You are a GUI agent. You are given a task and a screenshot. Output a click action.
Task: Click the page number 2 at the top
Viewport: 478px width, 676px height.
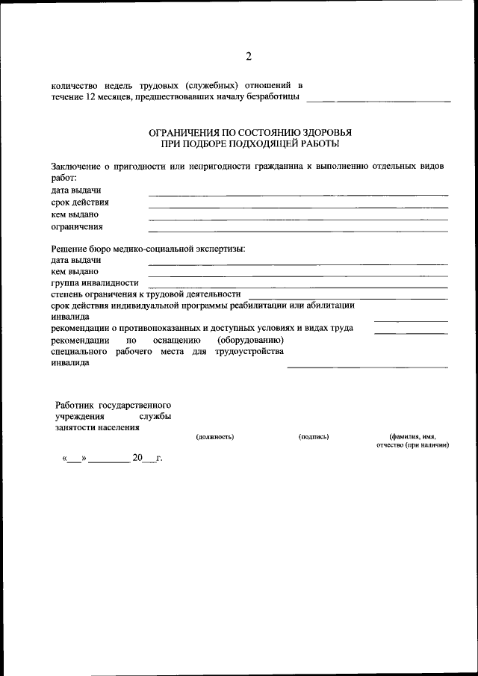pos(249,58)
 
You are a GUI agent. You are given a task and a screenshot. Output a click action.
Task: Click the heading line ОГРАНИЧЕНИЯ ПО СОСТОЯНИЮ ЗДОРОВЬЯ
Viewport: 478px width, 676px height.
pos(250,132)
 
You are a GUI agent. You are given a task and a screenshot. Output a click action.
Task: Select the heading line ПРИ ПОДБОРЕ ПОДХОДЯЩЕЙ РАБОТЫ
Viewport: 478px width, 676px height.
pos(250,143)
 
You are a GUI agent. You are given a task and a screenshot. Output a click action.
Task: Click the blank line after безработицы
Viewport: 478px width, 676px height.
pos(379,100)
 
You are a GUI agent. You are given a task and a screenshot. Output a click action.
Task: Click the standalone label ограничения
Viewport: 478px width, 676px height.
pos(77,226)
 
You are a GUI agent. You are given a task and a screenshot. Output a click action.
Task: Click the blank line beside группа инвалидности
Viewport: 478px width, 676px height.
pos(298,286)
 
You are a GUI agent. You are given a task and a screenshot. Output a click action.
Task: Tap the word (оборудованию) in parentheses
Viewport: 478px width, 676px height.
pos(251,340)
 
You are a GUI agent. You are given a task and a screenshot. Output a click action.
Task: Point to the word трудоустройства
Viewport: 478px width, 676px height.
pos(249,351)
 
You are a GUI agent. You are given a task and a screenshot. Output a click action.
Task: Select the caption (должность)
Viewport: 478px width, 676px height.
pos(215,436)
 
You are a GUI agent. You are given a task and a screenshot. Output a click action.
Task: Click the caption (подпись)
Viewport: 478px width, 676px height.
pos(314,436)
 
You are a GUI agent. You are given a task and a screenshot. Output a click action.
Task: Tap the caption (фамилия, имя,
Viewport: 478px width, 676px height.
pos(412,436)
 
